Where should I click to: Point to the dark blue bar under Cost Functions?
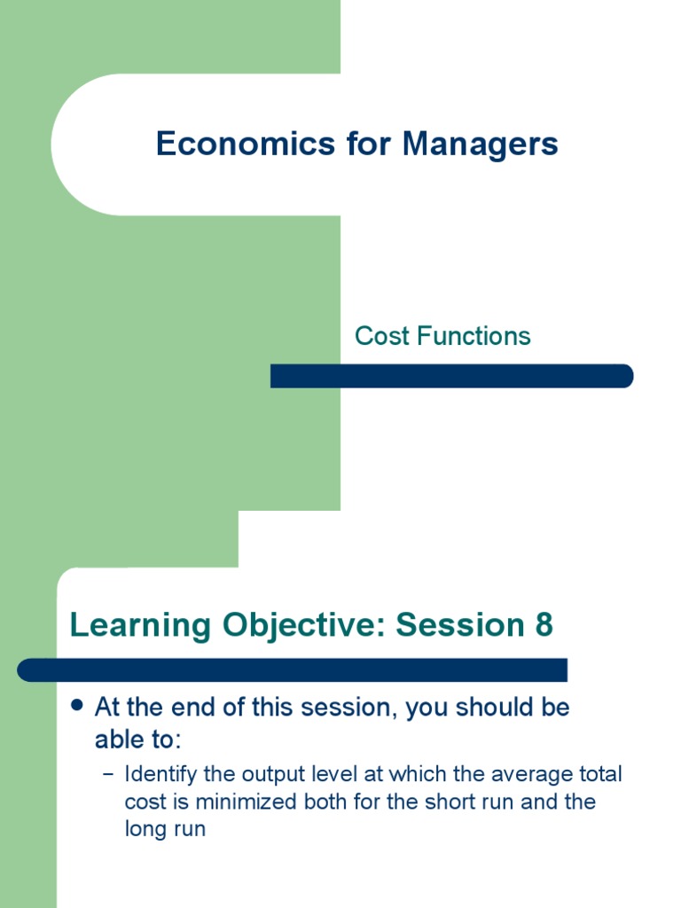(x=451, y=376)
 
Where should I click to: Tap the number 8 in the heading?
(x=543, y=625)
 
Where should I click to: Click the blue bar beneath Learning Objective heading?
(x=293, y=669)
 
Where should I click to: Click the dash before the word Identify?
(x=108, y=774)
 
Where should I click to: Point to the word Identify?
(x=161, y=774)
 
